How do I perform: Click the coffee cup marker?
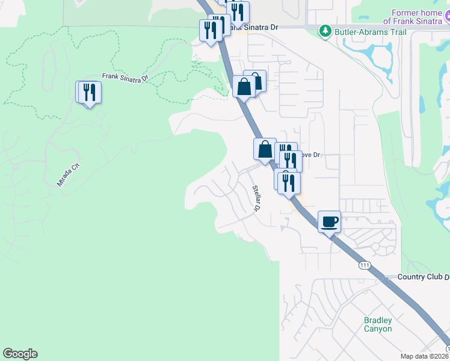(329, 221)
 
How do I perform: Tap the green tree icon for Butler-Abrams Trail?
(325, 30)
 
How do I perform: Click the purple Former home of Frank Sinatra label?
(419, 17)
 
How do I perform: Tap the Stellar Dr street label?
(257, 199)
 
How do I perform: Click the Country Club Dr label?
(424, 277)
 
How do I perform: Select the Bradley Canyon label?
(378, 324)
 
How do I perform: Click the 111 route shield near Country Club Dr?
(364, 265)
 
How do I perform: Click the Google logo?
(20, 354)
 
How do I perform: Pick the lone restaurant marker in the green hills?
(90, 92)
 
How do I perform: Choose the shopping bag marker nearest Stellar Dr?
(265, 149)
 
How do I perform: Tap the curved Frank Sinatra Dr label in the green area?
(125, 78)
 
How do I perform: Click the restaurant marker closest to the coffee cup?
(289, 183)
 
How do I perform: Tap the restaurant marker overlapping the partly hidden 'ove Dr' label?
(291, 161)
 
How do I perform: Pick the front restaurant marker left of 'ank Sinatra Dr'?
(211, 30)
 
